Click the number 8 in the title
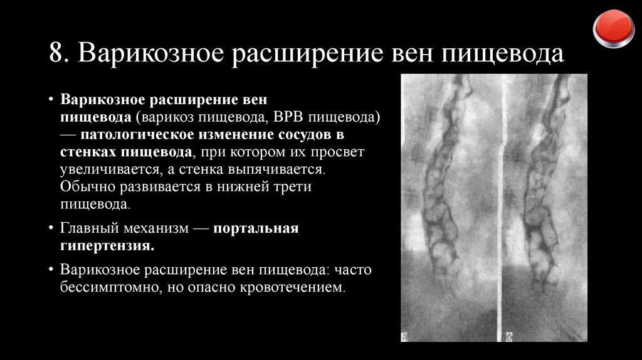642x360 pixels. click(x=56, y=55)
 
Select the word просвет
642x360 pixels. click(x=337, y=152)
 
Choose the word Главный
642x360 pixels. click(x=89, y=228)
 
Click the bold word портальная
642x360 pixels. click(x=255, y=228)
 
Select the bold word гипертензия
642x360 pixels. click(x=107, y=246)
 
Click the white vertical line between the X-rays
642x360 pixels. click(x=503, y=207)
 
